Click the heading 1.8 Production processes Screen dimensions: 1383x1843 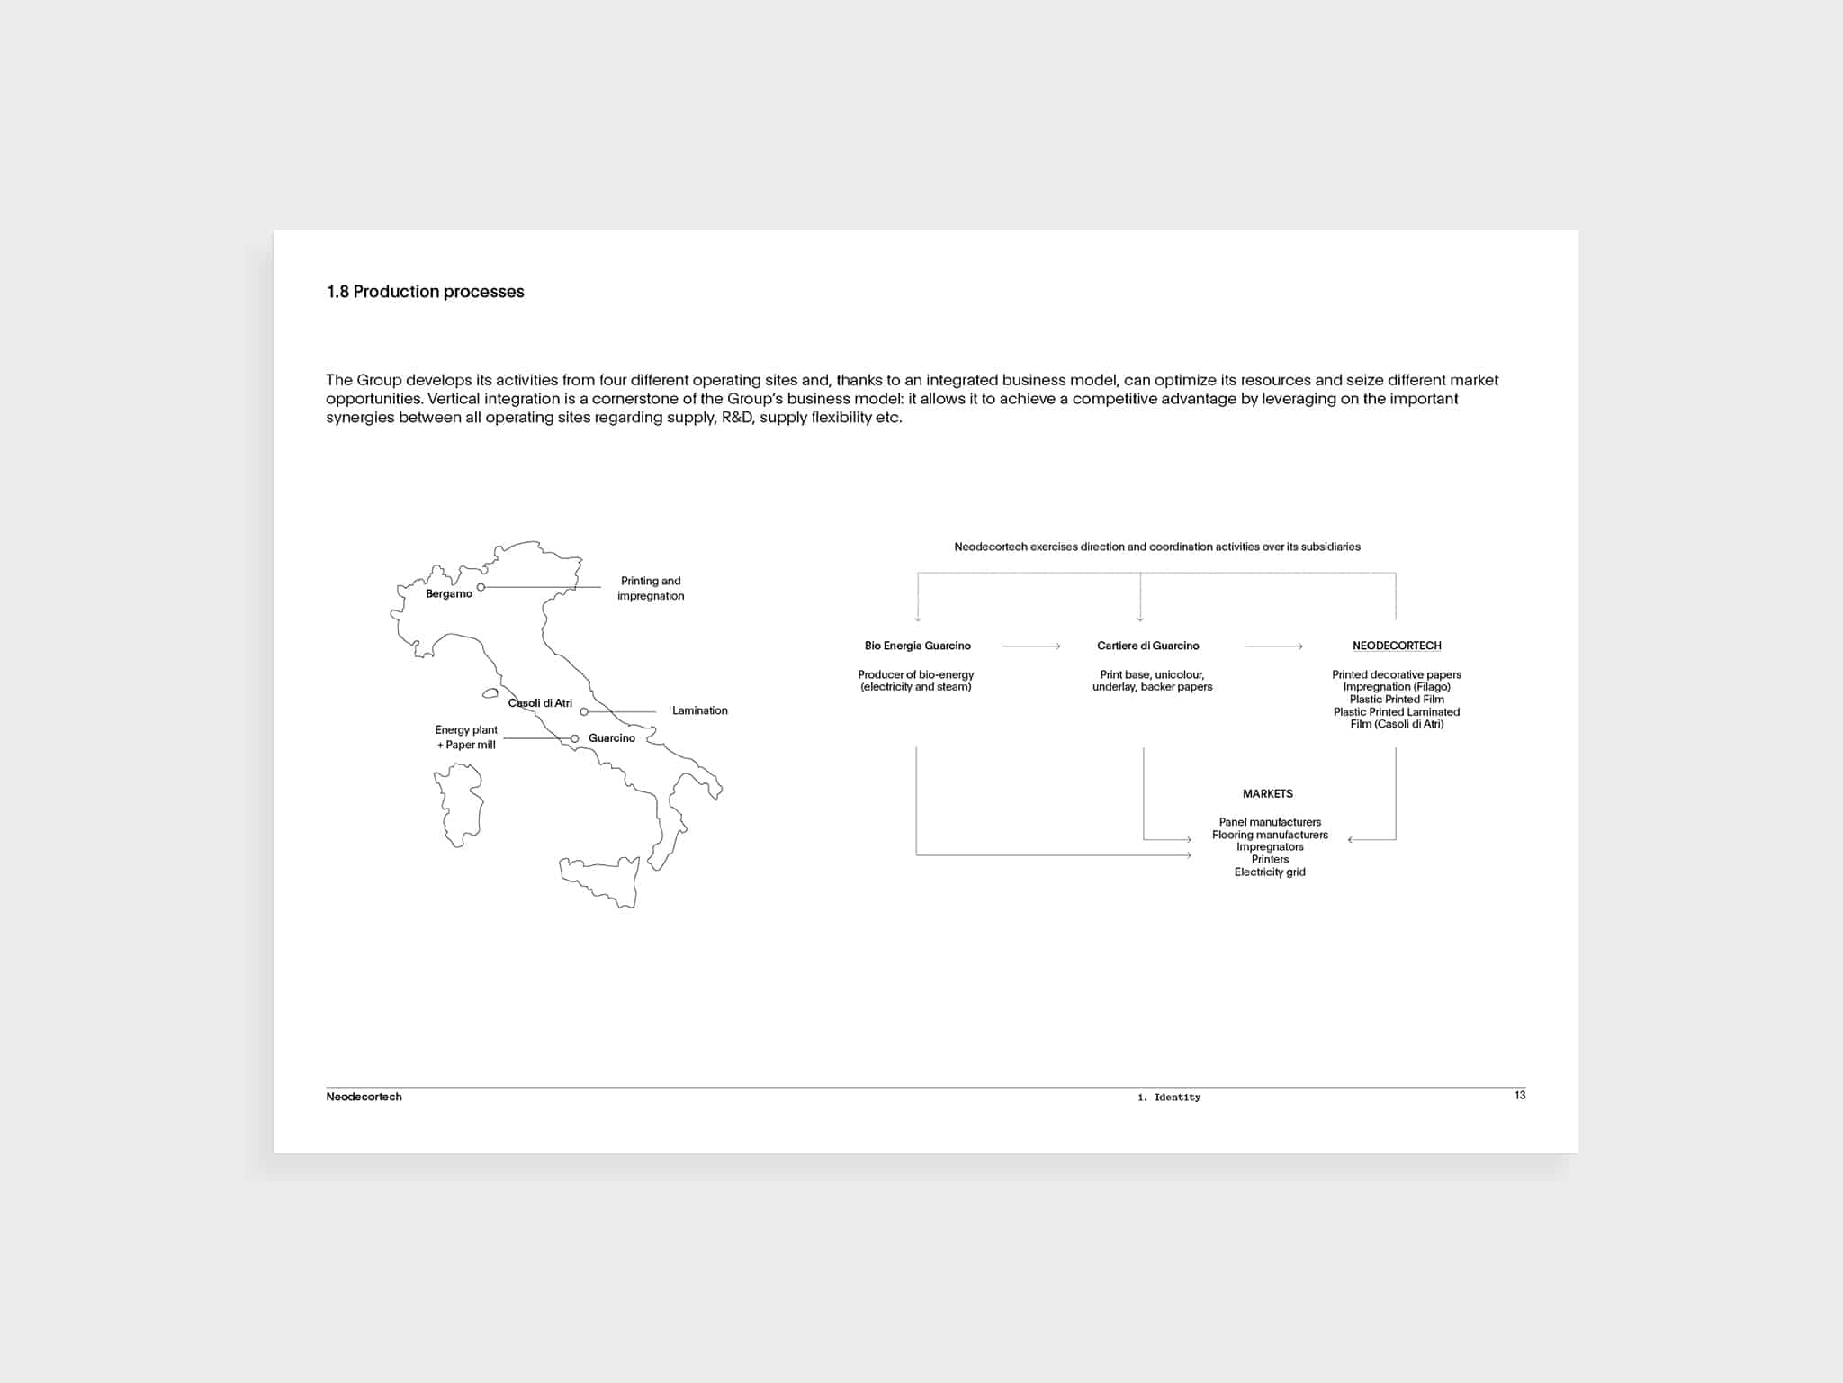point(425,292)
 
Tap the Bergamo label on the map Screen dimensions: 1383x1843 point(448,594)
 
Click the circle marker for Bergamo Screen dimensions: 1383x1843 point(481,587)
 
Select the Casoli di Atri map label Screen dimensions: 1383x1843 point(540,703)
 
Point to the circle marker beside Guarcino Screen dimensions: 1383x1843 point(575,739)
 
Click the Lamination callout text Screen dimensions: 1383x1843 point(699,710)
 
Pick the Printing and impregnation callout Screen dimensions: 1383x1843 point(651,588)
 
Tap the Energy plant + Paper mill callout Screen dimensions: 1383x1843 point(466,737)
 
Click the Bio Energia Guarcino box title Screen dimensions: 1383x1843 point(917,646)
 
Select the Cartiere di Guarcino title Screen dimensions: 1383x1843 point(1147,646)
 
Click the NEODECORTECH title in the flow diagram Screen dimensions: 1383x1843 point(1396,646)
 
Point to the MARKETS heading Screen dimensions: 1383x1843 point(1267,793)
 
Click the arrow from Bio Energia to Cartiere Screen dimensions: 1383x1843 point(1031,646)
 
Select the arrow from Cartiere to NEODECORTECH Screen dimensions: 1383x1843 point(1273,646)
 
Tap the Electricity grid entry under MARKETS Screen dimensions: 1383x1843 point(1269,872)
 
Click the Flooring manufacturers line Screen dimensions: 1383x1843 point(1269,835)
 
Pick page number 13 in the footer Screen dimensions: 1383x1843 point(1519,1095)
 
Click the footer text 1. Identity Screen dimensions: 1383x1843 point(1168,1098)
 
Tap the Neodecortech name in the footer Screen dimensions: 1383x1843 point(364,1097)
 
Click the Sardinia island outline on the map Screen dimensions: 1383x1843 point(459,804)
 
